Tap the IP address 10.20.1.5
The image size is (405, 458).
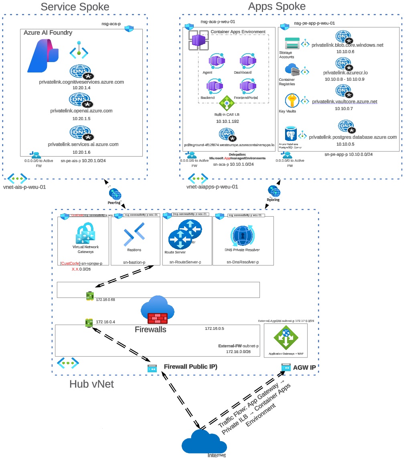pyautogui.click(x=81, y=119)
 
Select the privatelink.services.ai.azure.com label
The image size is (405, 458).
pyautogui.click(x=83, y=144)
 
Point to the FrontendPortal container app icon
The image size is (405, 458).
pyautogui.click(x=247, y=86)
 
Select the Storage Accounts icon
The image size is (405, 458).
pyautogui.click(x=292, y=44)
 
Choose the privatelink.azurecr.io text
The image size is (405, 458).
pyautogui.click(x=345, y=72)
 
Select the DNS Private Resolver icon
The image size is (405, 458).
pyautogui.click(x=242, y=236)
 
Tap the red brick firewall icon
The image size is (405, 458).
pyautogui.click(x=158, y=318)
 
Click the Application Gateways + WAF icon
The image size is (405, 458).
pyautogui.click(x=286, y=337)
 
